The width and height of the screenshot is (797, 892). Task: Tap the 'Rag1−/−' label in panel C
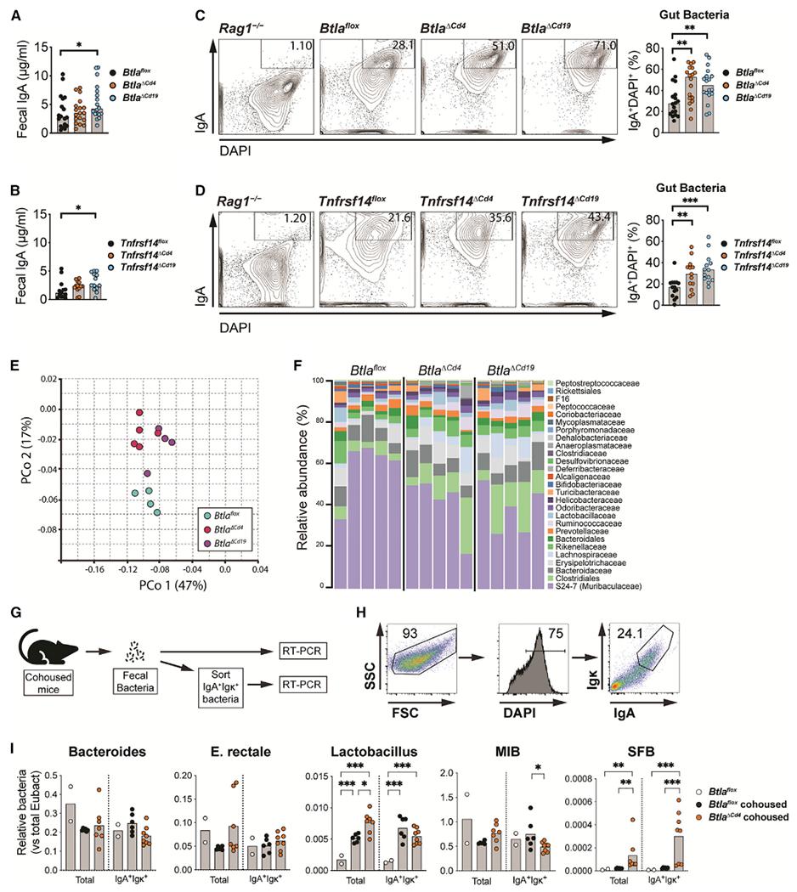point(214,15)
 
